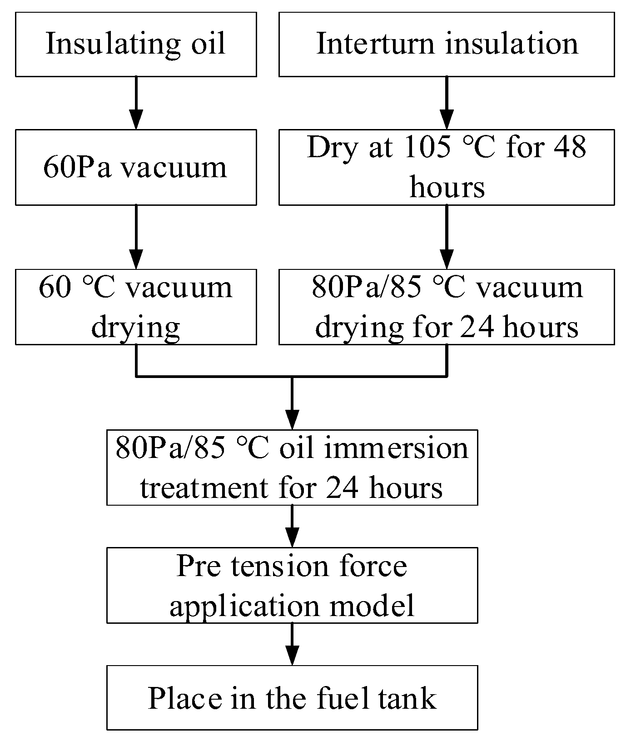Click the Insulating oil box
point(136,44)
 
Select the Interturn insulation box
point(447,44)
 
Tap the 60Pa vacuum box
point(136,167)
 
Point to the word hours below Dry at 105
point(447,187)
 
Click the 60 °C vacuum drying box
point(136,307)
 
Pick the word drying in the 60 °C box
point(136,327)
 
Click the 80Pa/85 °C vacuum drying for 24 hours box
point(447,307)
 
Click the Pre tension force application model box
point(292,585)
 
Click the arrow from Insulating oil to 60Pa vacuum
point(136,103)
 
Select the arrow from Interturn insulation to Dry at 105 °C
point(447,103)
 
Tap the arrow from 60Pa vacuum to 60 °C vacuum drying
point(136,237)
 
